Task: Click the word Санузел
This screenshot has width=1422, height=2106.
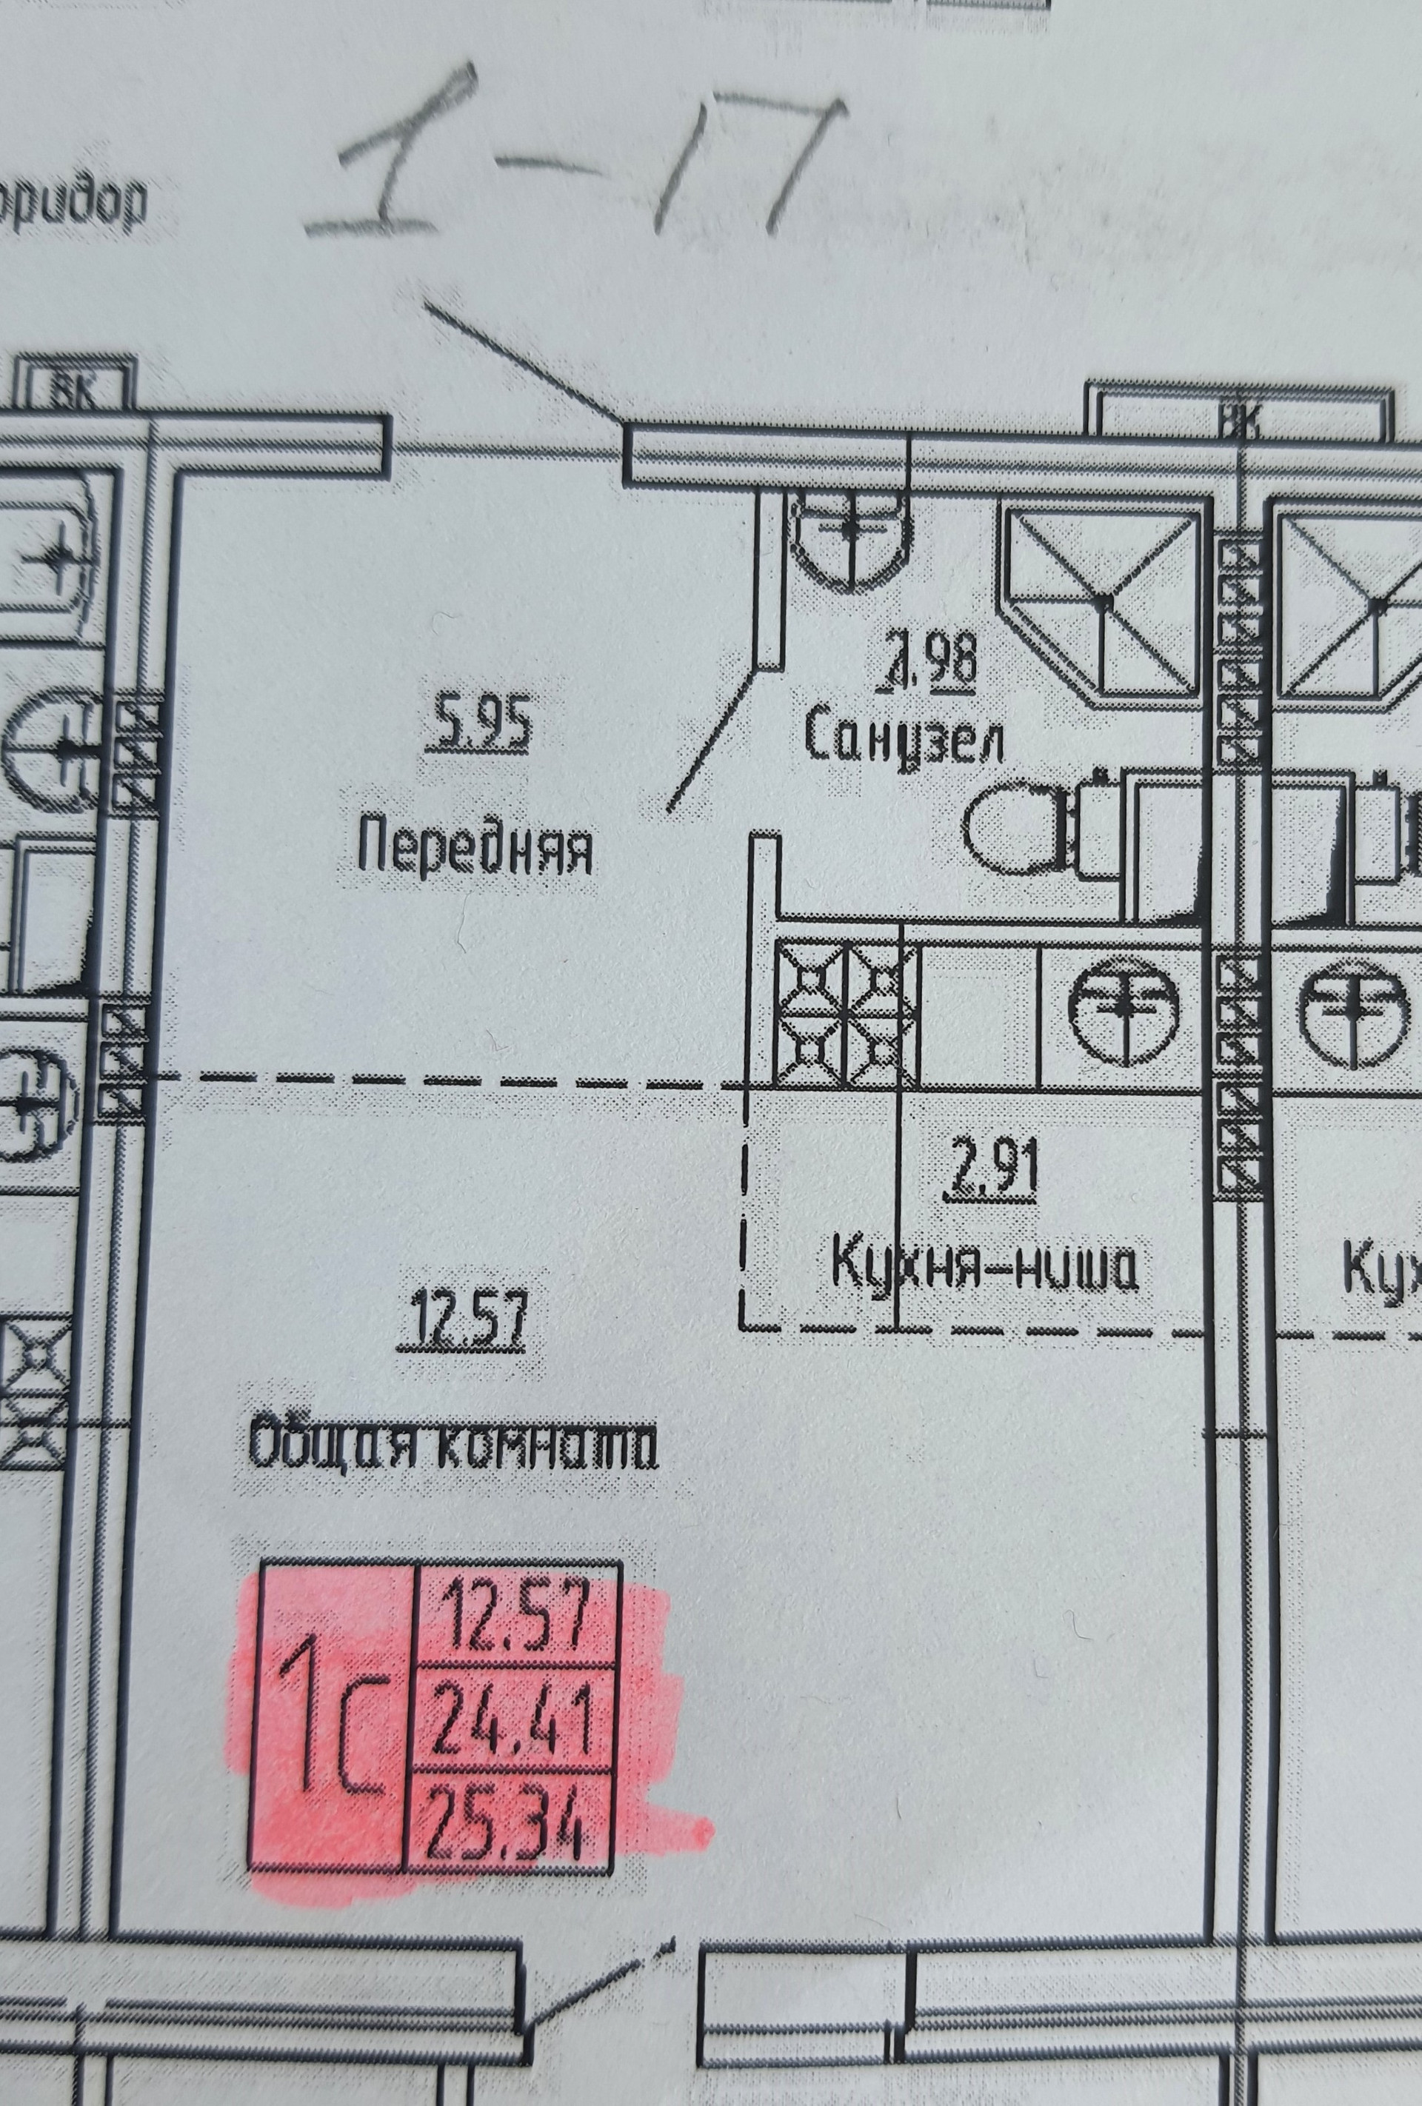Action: (904, 741)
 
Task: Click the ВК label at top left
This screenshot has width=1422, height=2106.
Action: (76, 392)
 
